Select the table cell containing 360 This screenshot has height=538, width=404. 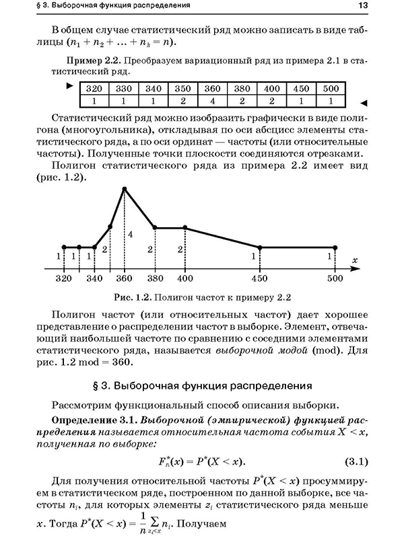pyautogui.click(x=211, y=89)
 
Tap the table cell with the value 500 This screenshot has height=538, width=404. pyautogui.click(x=331, y=89)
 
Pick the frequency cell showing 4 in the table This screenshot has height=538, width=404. pyautogui.click(x=211, y=100)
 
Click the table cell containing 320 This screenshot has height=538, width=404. pyautogui.click(x=94, y=89)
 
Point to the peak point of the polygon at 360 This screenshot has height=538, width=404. pyautogui.click(x=125, y=189)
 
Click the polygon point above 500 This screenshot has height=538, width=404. pyautogui.click(x=335, y=247)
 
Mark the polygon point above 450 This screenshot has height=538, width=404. pyautogui.click(x=260, y=247)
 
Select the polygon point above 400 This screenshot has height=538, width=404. pyautogui.click(x=184, y=227)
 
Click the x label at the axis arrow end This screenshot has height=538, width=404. pyautogui.click(x=353, y=260)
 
